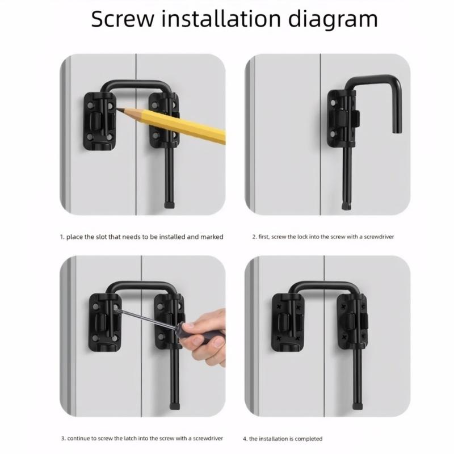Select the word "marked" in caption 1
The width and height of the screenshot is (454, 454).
(x=212, y=237)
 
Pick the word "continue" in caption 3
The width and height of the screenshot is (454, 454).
(x=81, y=438)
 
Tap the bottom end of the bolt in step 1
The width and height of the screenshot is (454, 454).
(x=169, y=202)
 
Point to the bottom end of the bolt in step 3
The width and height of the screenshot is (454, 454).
(x=174, y=406)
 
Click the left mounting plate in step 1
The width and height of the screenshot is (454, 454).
(x=100, y=121)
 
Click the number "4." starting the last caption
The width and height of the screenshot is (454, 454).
(x=245, y=438)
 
